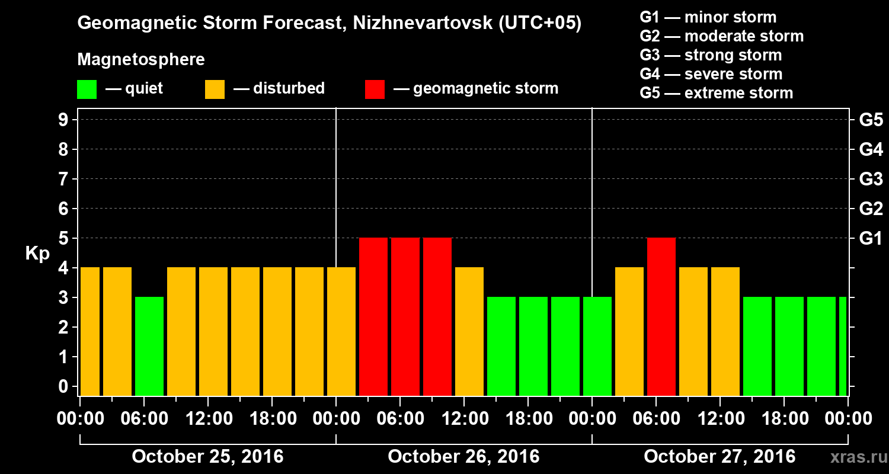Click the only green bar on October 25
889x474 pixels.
click(x=149, y=346)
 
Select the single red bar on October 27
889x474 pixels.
click(x=661, y=316)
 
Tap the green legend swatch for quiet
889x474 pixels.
click(x=87, y=89)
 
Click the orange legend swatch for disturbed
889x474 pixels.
click(x=215, y=89)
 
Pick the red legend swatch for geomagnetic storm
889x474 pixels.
click(x=375, y=89)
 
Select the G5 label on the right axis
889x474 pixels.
click(x=871, y=120)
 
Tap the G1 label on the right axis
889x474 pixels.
click(x=871, y=239)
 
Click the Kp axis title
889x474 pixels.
click(x=37, y=254)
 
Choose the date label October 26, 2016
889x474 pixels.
click(x=463, y=457)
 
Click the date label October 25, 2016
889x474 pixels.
click(x=207, y=457)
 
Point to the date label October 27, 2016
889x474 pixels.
click(x=719, y=457)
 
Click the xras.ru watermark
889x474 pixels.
click(x=853, y=457)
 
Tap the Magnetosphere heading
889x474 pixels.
click(x=141, y=60)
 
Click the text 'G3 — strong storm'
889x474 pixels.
click(x=711, y=55)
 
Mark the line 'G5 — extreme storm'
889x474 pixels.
click(x=716, y=93)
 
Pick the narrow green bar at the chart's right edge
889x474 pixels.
click(x=843, y=346)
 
